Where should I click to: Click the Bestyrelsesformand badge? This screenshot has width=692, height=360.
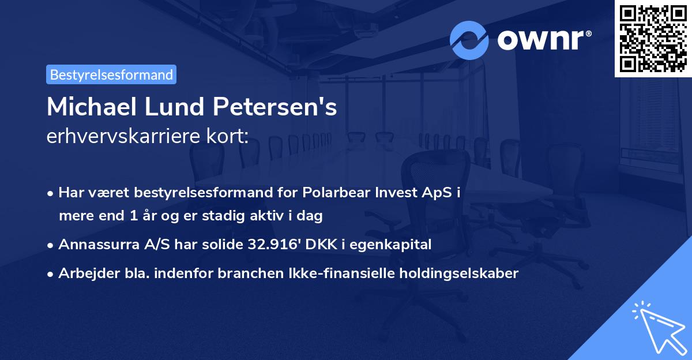pos(111,74)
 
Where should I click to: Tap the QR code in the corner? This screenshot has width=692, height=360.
pos(652,39)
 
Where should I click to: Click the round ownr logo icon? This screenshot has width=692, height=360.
pos(469,40)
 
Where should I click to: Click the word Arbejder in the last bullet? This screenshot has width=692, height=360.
pos(83,273)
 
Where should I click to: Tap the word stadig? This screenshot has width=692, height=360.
pos(232,216)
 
